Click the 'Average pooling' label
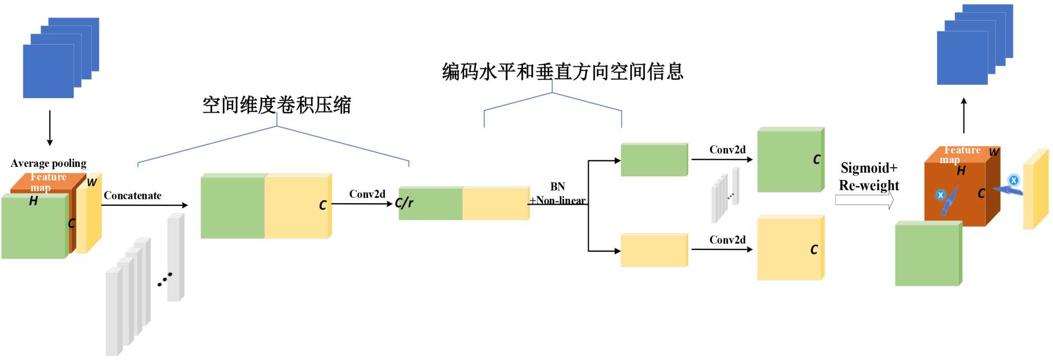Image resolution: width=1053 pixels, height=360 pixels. click(48, 163)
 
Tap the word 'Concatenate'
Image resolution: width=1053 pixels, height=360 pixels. click(133, 196)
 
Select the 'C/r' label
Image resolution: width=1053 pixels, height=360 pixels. click(404, 203)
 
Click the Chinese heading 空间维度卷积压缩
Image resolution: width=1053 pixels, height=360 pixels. click(277, 105)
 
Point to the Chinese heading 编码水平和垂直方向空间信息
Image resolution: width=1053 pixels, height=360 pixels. click(562, 72)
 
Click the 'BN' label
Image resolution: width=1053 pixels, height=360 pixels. click(558, 187)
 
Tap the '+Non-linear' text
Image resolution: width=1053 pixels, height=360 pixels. click(558, 201)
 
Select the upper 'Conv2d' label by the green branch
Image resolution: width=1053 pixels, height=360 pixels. click(727, 150)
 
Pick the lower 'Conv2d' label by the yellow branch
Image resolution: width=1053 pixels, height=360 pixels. click(727, 240)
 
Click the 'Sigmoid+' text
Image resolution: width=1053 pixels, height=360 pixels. click(869, 168)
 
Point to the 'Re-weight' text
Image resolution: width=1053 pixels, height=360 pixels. click(869, 185)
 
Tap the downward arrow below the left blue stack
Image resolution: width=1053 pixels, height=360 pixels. click(50, 128)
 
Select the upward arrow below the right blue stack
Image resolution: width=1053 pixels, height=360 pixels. click(964, 115)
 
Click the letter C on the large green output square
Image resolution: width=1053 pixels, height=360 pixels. click(817, 159)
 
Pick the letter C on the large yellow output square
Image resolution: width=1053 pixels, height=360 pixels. click(814, 249)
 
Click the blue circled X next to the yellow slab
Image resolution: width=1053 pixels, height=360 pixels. click(1014, 180)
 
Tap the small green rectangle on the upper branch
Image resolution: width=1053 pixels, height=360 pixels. click(654, 159)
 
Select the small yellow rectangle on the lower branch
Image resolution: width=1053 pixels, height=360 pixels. click(654, 251)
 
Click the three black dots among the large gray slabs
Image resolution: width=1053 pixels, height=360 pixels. click(165, 279)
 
